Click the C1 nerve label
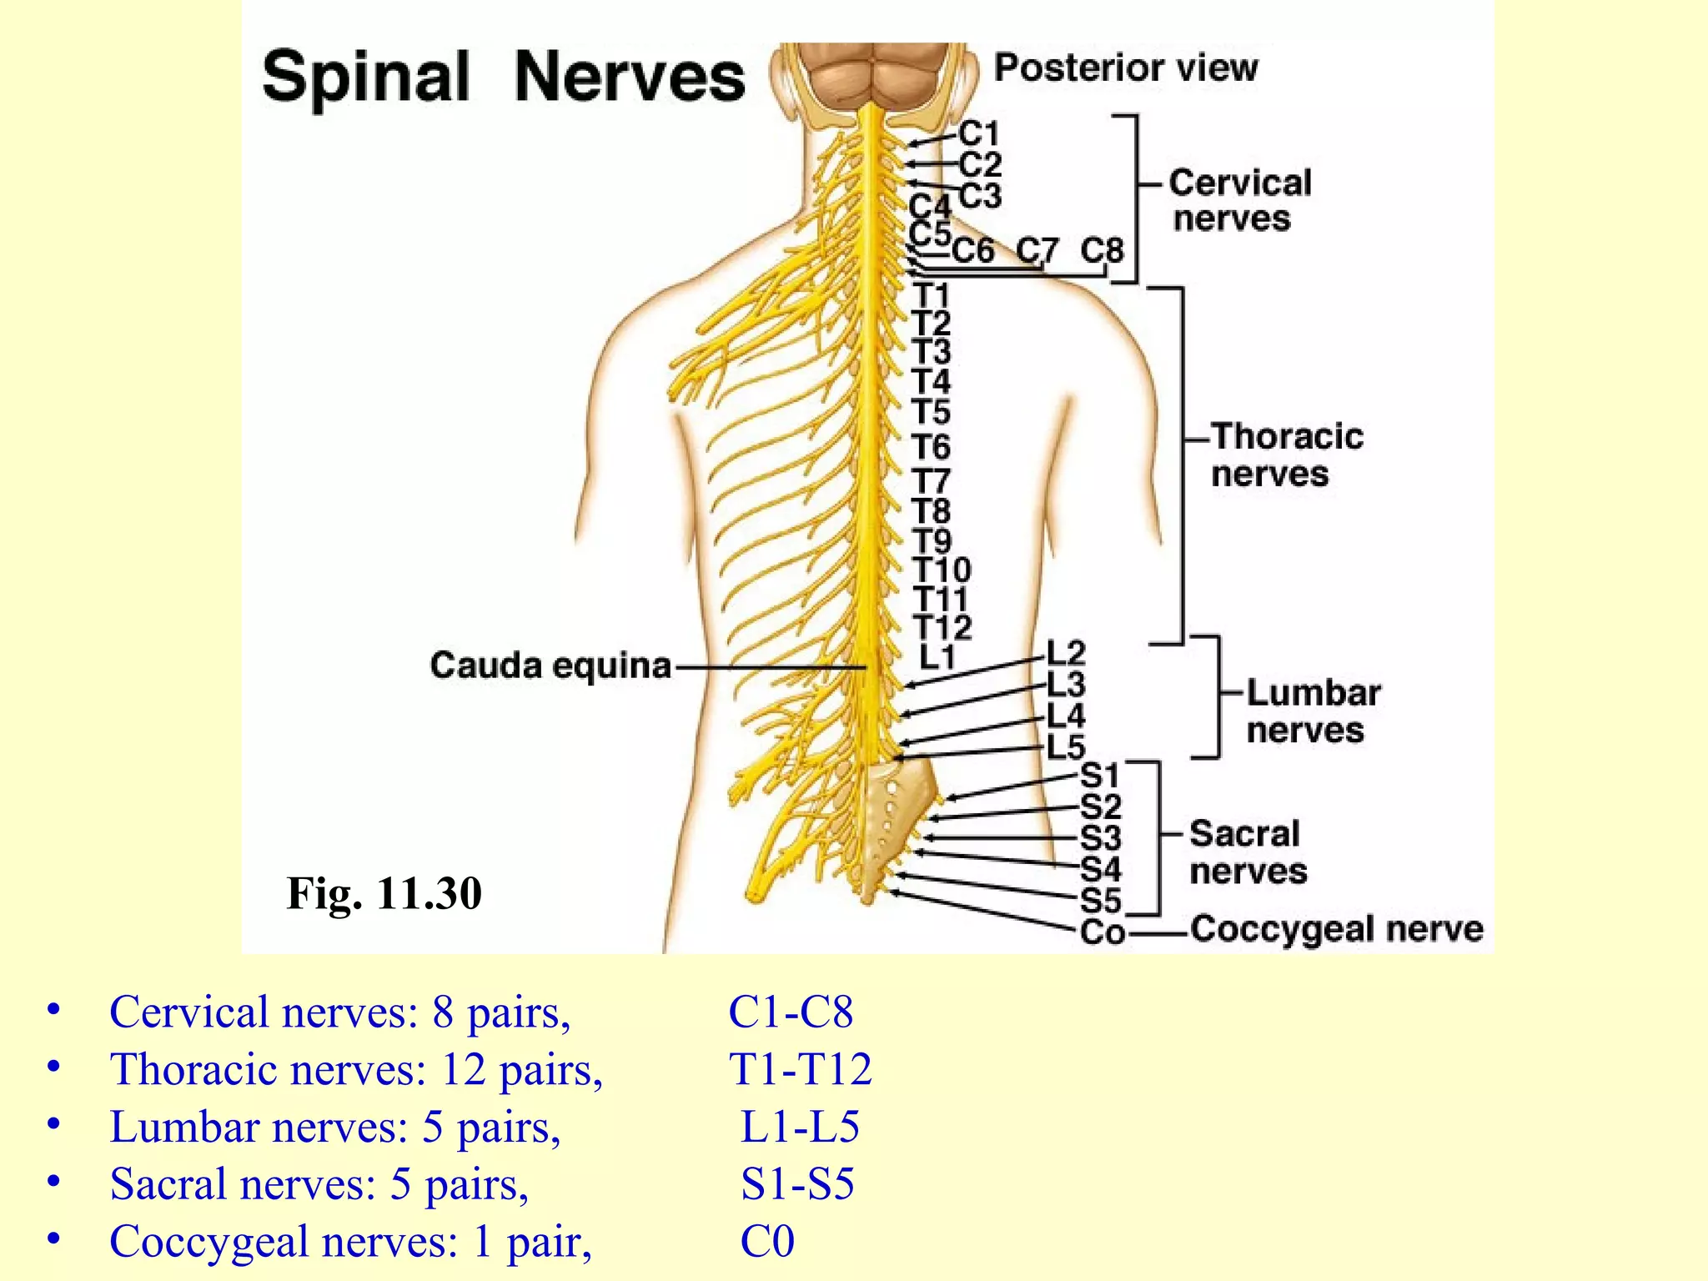coord(978,133)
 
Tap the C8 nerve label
coord(1102,250)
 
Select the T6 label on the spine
coord(931,448)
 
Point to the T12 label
coord(942,627)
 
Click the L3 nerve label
coord(1066,685)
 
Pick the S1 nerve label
coord(1099,776)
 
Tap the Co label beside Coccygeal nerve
coord(1103,932)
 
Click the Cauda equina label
coord(550,666)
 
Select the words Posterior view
coord(1126,68)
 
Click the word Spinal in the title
coord(366,77)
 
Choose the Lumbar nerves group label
coord(1312,711)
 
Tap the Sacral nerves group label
coord(1247,851)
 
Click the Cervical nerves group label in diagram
coord(1238,200)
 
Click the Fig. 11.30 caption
coord(384,893)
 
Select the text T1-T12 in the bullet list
coord(800,1069)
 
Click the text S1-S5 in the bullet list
coord(797,1183)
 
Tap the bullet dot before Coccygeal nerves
coord(54,1239)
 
